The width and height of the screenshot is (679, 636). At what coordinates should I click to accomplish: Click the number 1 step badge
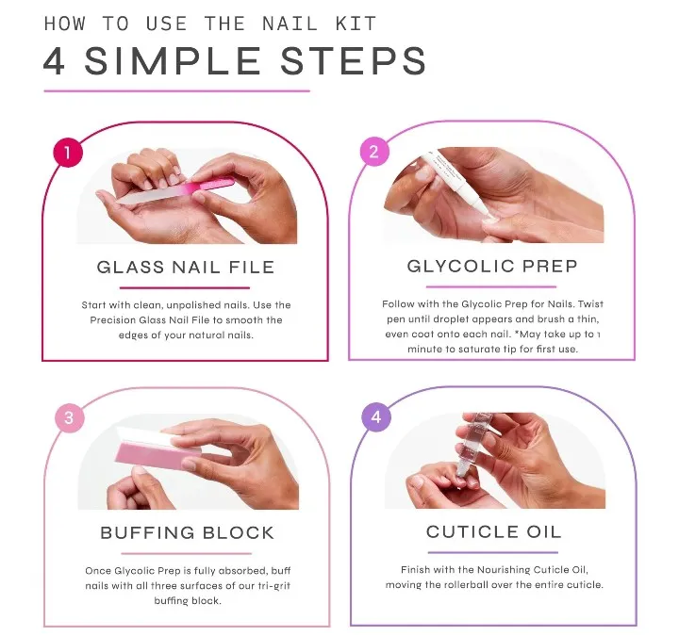pos(68,152)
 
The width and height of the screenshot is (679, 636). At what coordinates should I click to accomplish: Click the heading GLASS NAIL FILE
pos(186,267)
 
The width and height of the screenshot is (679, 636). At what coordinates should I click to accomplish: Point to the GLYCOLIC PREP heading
pos(492,265)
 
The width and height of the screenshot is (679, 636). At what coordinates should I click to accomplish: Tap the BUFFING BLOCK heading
pos(187,533)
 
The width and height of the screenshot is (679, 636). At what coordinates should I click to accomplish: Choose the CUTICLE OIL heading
pos(493,531)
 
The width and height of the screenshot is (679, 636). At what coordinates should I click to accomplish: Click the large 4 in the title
pos(58,61)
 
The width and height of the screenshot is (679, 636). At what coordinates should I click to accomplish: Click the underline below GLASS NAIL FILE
pos(186,287)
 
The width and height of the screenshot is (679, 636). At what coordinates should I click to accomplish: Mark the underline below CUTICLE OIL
pos(493,552)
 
